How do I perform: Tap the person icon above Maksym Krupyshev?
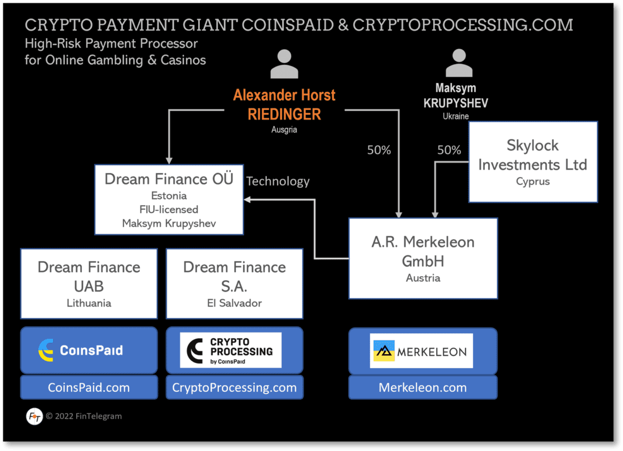coord(459,63)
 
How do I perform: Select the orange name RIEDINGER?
coord(284,114)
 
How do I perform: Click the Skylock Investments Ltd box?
coord(533,162)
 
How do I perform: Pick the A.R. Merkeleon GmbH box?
coord(423,258)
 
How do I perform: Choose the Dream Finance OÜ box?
coord(169,200)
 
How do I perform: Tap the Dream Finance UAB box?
coord(89,284)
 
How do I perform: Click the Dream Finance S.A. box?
coord(234,284)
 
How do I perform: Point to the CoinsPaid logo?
coord(81,350)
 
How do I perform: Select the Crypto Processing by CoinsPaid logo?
coord(230,350)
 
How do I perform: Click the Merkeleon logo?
coord(421,351)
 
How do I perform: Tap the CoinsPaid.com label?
coord(89,388)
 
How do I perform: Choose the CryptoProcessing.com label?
coord(234,388)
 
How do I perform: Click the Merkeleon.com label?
coord(423,388)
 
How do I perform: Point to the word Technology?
coord(278,181)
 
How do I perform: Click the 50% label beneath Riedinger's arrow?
coord(379,150)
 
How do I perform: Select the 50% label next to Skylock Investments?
coord(449,150)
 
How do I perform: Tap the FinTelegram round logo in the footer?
coord(34,417)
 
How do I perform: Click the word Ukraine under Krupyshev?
coord(455,116)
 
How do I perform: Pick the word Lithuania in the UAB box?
coord(89,303)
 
